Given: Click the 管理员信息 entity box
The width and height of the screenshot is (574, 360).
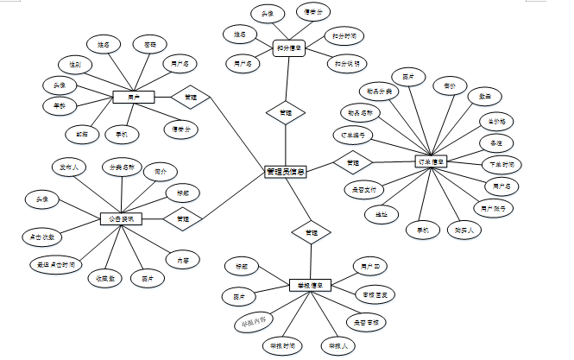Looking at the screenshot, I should pos(286,172).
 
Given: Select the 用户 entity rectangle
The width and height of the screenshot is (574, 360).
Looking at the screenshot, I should pos(133,97).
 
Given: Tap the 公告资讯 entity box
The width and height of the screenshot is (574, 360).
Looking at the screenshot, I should pos(121,219).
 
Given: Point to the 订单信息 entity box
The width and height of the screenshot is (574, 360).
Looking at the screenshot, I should pos(432,161).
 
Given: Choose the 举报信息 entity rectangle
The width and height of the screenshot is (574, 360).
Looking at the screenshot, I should pos(311,286).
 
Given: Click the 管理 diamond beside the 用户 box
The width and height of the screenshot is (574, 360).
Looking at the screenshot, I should pos(190,97).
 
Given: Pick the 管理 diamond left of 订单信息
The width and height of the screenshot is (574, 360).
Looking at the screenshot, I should pos(353,161).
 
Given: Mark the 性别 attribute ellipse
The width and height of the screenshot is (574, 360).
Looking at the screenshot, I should pos(75,65).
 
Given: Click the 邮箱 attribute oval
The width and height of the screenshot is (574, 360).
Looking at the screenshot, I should pos(82,134).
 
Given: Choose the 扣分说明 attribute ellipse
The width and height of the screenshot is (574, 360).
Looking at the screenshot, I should pos(346,64).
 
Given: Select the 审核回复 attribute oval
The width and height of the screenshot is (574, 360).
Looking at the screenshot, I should pos(380,295).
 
